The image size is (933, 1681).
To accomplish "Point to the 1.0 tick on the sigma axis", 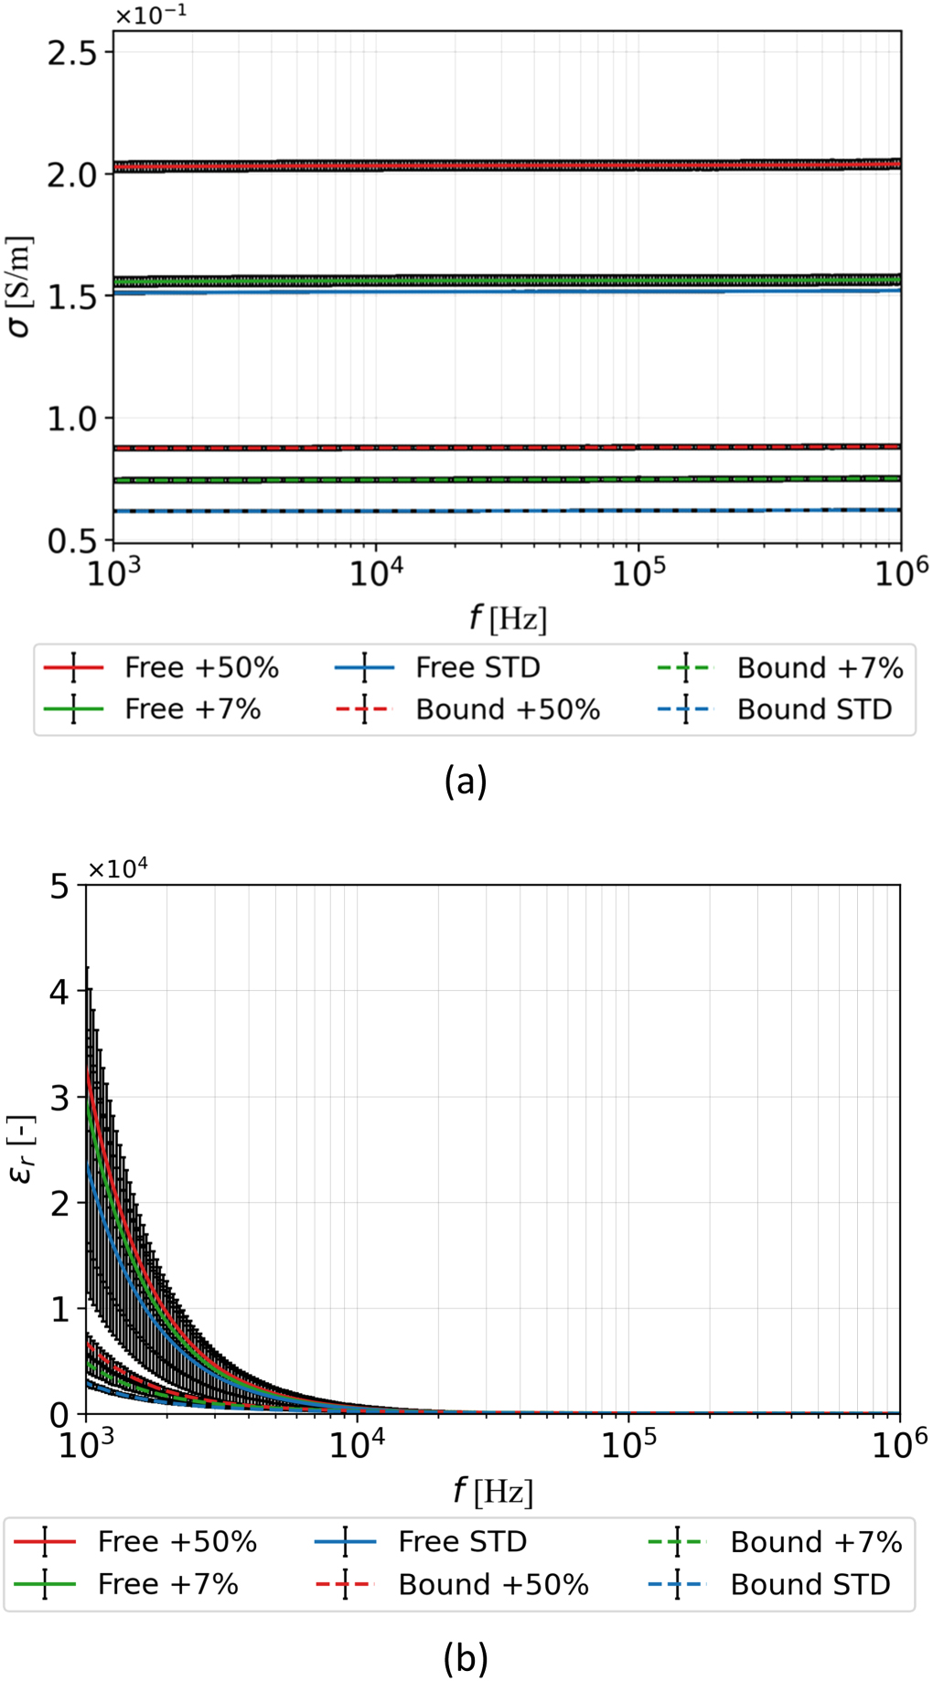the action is click(71, 419).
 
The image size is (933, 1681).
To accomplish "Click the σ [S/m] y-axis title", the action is click(20, 287).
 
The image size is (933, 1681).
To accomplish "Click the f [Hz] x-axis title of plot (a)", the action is click(508, 619).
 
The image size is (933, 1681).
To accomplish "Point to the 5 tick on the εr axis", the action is click(60, 887).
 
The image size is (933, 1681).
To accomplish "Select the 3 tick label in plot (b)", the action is click(60, 1099).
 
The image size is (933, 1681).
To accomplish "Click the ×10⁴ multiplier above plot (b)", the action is click(118, 869).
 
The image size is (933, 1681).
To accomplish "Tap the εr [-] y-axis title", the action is click(22, 1149).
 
